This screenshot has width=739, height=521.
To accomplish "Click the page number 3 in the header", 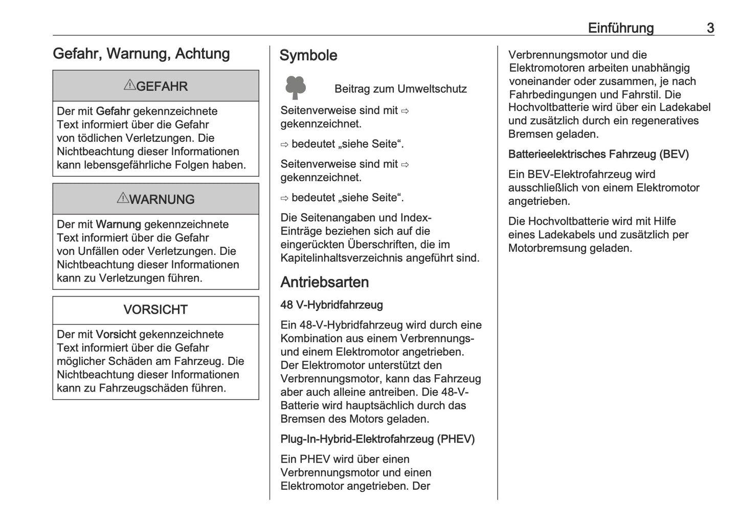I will [710, 28].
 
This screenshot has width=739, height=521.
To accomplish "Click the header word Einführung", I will [620, 28].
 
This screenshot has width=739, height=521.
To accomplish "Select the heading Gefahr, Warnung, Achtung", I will [141, 54].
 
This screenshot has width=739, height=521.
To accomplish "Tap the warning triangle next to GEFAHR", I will [129, 85].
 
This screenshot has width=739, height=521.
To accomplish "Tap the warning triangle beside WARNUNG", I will [122, 198].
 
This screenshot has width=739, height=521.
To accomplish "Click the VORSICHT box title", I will [155, 310].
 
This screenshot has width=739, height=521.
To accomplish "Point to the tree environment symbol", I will [296, 88].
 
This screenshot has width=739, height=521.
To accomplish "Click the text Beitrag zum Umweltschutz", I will [400, 89].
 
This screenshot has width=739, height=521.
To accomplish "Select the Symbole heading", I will [308, 55].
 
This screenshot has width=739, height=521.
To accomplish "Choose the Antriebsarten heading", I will [324, 282].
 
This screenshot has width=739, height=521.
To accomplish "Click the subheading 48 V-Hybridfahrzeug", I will [331, 305].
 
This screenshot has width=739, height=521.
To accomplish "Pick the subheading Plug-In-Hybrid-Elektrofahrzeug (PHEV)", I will [377, 439].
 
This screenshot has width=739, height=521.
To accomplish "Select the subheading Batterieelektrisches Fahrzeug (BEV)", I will [598, 154].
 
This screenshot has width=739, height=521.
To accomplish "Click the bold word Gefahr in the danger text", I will [113, 112].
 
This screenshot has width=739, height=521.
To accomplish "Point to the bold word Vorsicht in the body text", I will [116, 335].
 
